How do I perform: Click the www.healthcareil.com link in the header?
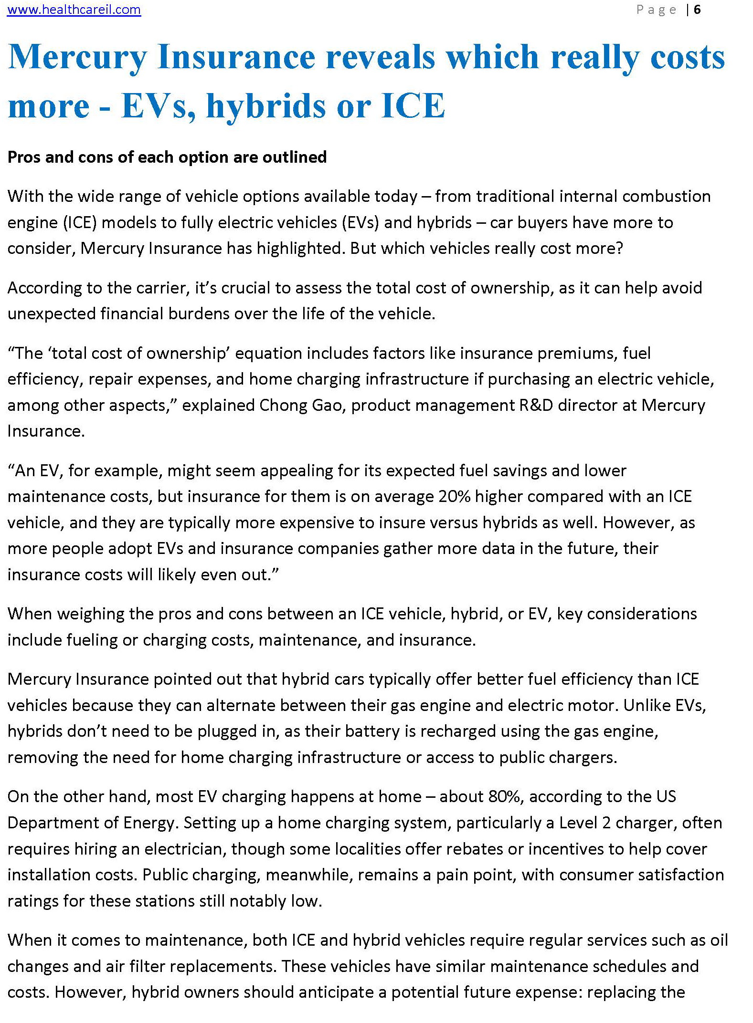click(74, 10)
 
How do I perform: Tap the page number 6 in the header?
click(697, 10)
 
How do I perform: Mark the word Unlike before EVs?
click(647, 705)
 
